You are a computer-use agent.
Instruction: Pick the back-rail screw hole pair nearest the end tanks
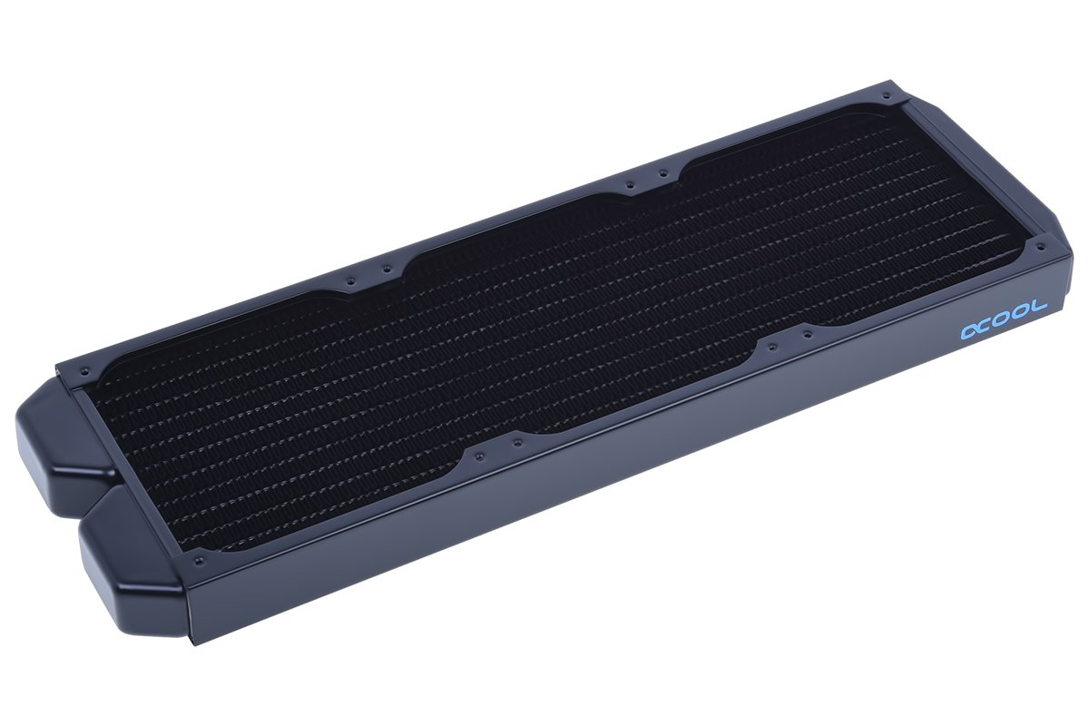coord(368,273)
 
